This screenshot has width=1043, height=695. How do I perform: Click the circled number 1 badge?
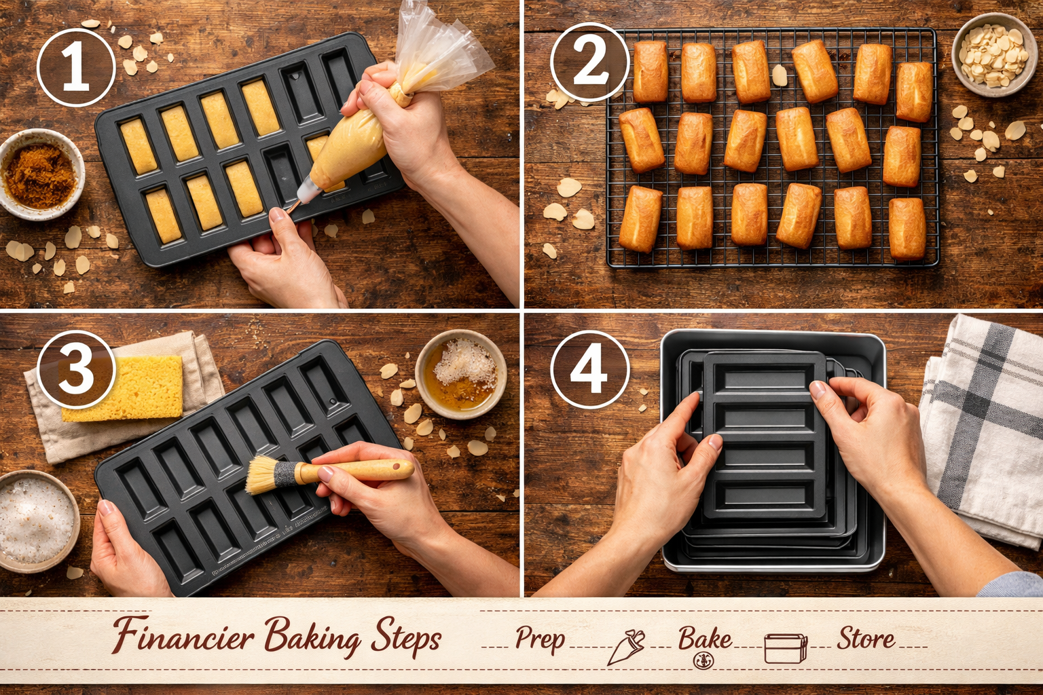pyautogui.click(x=76, y=67)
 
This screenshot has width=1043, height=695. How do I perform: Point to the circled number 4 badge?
pyautogui.click(x=589, y=369)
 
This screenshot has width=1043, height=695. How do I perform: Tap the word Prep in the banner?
pyautogui.click(x=539, y=639)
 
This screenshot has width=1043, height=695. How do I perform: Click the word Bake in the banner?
pyautogui.click(x=705, y=639)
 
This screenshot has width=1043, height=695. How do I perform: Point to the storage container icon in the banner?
pyautogui.click(x=786, y=648)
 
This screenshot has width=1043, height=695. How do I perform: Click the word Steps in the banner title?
pyautogui.click(x=406, y=639)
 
